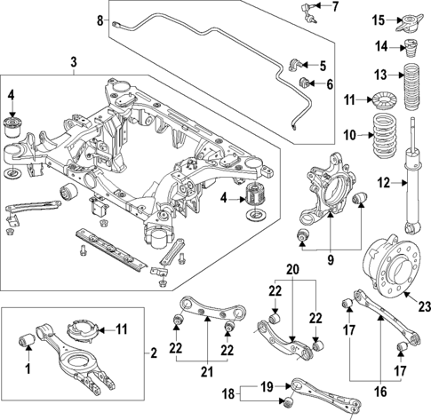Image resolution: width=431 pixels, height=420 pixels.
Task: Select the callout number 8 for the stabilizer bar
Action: [x=100, y=19]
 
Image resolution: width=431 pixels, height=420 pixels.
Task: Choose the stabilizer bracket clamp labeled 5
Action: [x=298, y=64]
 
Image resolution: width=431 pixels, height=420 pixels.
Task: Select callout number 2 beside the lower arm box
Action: [x=153, y=353]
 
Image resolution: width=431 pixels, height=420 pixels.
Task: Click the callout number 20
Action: [x=290, y=269]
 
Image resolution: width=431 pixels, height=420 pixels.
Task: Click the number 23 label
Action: [x=423, y=306]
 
